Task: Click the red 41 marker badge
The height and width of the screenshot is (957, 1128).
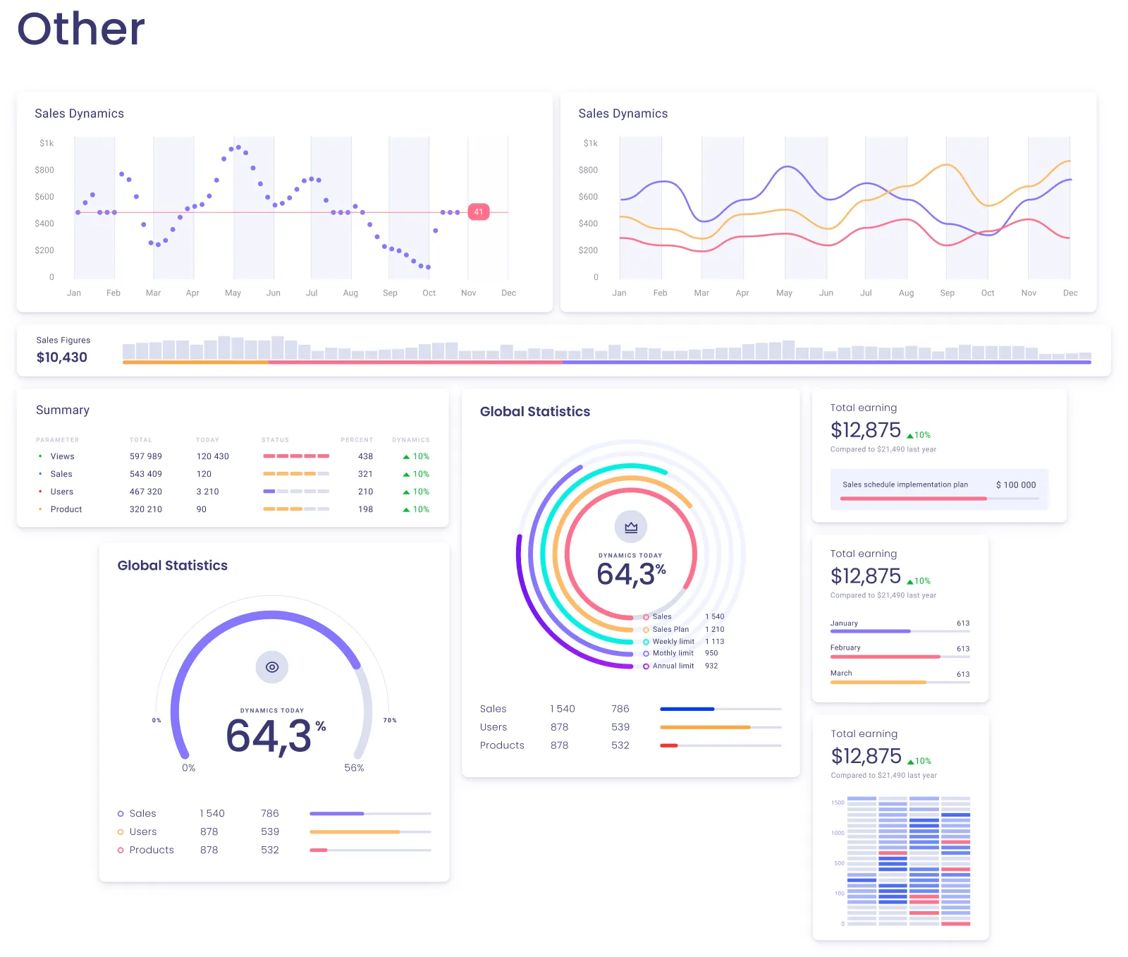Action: [x=478, y=212]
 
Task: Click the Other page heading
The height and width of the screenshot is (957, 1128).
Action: [x=80, y=30]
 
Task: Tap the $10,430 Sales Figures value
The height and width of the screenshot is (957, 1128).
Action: [x=62, y=358]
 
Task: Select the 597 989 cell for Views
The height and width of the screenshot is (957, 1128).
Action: [x=146, y=456]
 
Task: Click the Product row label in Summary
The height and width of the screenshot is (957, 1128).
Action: [x=66, y=509]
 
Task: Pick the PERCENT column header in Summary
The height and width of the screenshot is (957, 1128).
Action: [x=357, y=440]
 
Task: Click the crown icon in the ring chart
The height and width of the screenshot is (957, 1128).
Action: [x=631, y=527]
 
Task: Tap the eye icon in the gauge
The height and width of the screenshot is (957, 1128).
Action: [x=272, y=667]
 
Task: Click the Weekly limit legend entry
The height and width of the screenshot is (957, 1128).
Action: [x=673, y=642]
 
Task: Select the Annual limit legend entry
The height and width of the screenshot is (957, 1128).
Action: [x=673, y=666]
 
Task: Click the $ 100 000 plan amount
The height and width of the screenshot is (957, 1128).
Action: [x=1016, y=485]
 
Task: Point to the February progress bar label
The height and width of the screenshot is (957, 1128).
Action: [x=845, y=647]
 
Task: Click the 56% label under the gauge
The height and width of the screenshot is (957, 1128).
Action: [x=354, y=768]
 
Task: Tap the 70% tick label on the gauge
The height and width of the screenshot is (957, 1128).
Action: [x=390, y=720]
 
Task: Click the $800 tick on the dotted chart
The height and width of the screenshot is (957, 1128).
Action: [x=44, y=170]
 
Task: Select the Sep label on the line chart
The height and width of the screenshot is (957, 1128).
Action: [x=947, y=293]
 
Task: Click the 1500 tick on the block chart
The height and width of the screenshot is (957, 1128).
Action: [x=838, y=803]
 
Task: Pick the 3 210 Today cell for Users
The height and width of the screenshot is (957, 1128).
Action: [x=207, y=492]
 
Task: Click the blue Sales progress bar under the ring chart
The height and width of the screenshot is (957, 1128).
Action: [x=687, y=709]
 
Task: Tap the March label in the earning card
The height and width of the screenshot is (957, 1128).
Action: [x=841, y=673]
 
